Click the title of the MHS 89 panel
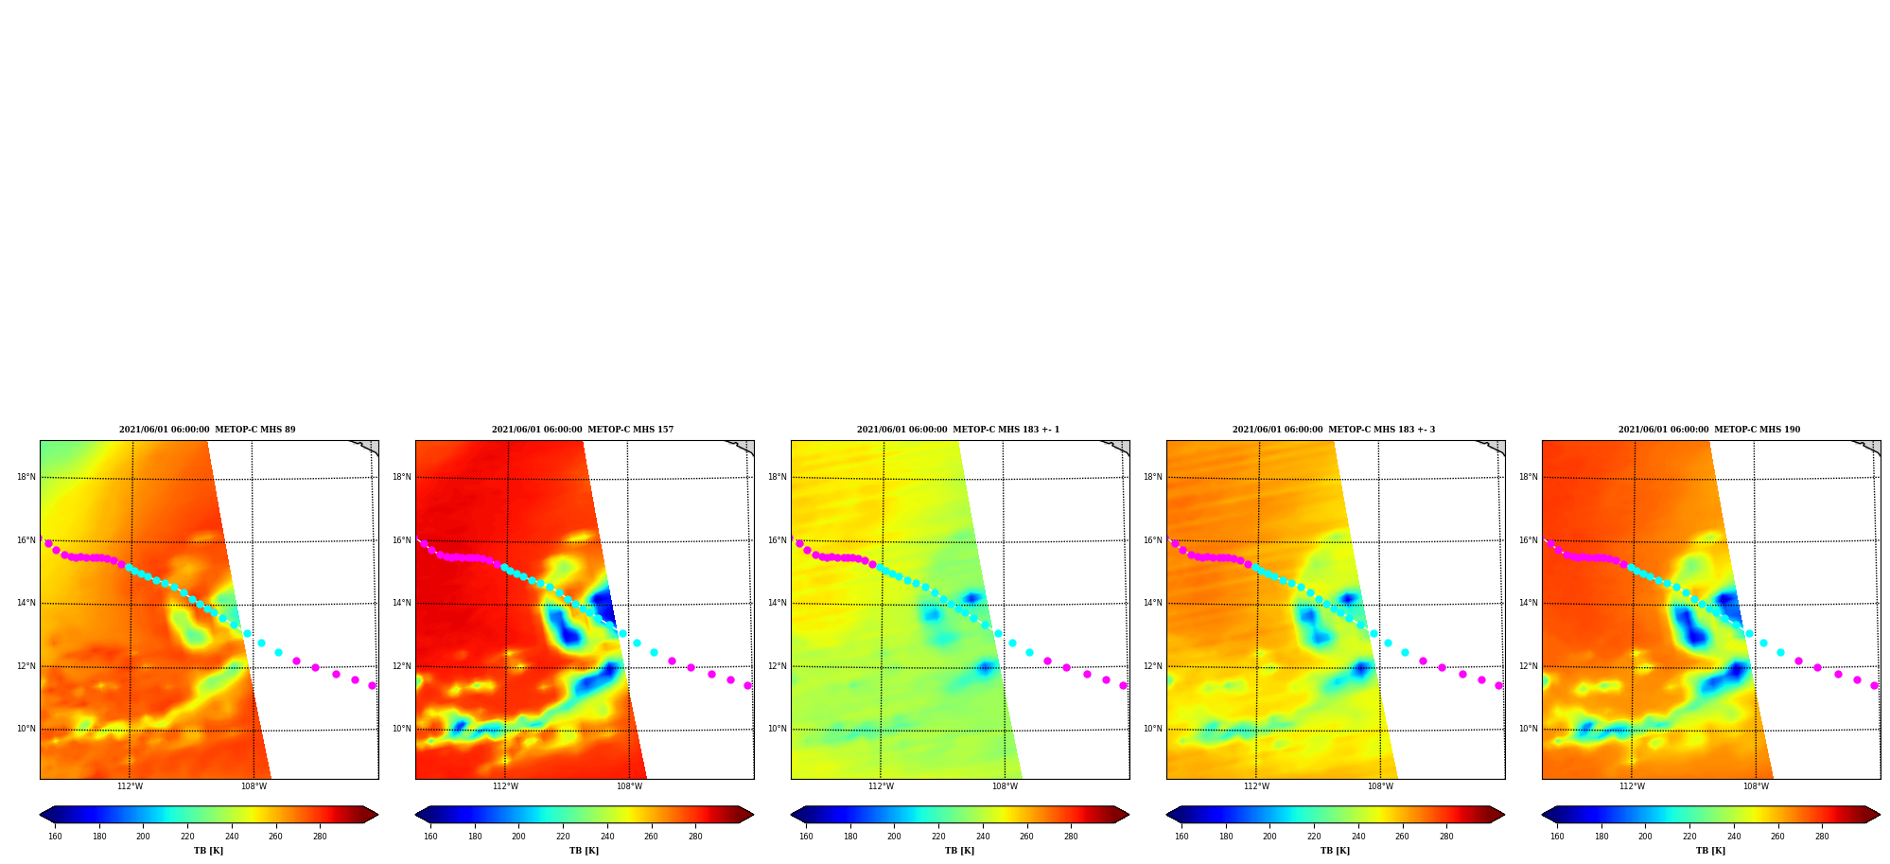(207, 430)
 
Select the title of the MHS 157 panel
(583, 430)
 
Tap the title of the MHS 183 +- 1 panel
(958, 430)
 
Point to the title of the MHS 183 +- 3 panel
(1334, 430)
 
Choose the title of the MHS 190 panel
(1709, 430)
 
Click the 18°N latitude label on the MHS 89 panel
(26, 477)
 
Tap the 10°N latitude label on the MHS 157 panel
(402, 729)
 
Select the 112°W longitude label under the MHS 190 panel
(1632, 786)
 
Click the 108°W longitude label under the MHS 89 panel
(254, 786)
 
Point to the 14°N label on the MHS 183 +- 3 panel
(1153, 603)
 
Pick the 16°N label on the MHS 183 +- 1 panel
(778, 540)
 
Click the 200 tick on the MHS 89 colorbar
(143, 837)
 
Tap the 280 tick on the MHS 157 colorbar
(695, 837)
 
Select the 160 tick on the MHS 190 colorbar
(1557, 837)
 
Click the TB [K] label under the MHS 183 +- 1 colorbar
(959, 851)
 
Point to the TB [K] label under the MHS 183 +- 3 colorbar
(1335, 851)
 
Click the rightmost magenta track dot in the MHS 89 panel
(372, 685)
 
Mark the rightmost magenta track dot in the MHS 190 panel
(1874, 685)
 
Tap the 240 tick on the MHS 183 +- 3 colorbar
(1358, 837)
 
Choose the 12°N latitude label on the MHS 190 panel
(1529, 666)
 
